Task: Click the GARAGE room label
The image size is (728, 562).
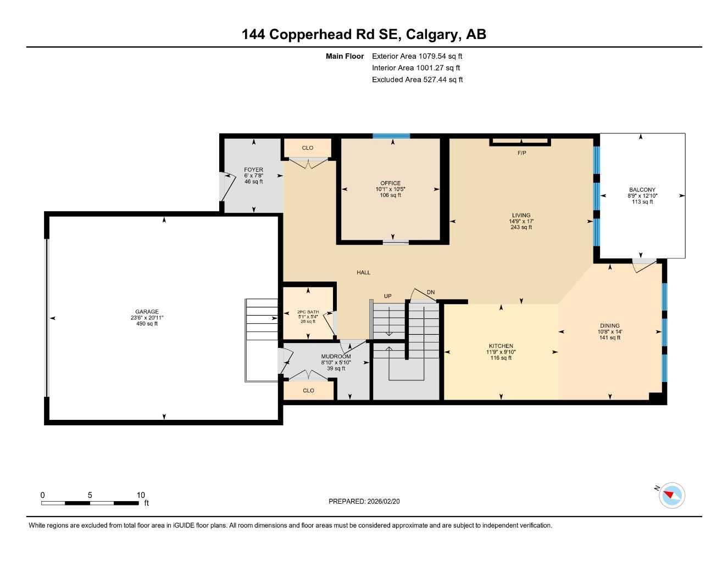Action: [147, 312]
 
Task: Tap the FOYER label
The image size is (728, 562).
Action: [253, 170]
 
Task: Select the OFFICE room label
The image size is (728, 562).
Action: [390, 183]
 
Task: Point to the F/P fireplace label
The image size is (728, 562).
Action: [521, 153]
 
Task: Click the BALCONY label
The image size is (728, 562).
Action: [642, 190]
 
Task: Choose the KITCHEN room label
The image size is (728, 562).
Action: [501, 346]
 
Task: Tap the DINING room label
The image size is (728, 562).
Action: [609, 325]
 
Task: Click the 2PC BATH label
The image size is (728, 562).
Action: [308, 312]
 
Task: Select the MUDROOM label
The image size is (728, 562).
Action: [336, 357]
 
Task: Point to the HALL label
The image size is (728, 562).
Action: [363, 272]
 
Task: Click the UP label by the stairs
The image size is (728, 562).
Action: [387, 296]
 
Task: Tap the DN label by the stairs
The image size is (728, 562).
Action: [431, 293]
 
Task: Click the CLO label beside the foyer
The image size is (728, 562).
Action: [308, 148]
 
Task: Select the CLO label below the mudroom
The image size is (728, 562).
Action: [308, 391]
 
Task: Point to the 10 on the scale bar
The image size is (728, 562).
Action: [141, 495]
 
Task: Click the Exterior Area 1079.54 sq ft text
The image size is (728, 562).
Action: [417, 56]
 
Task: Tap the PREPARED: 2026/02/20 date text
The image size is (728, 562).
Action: [364, 502]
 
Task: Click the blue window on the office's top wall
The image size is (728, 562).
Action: [391, 136]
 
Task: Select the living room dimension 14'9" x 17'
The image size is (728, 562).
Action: [521, 222]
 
